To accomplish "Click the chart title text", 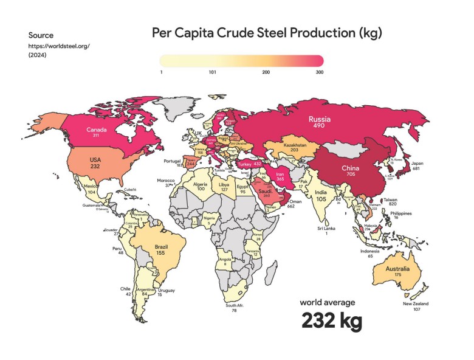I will [267, 32].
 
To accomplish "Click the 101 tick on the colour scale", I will [213, 72].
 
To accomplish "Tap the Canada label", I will [97, 130].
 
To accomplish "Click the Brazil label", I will [161, 247].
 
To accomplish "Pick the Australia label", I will [397, 269].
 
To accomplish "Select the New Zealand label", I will [416, 303].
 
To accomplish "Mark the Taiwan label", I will [390, 199].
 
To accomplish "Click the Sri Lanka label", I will [326, 228].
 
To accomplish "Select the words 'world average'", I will [328, 302].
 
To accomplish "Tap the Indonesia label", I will [370, 251].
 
